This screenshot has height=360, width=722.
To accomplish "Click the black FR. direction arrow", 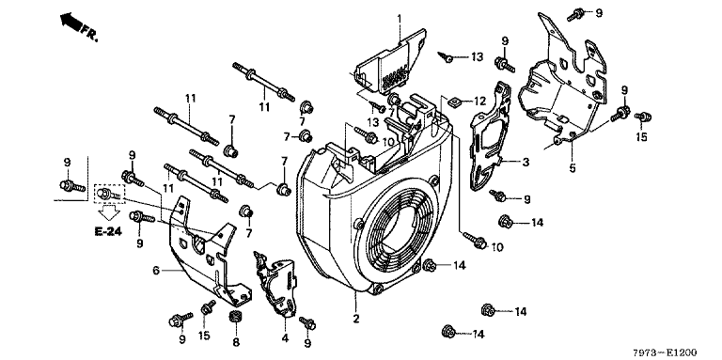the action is click(x=71, y=23).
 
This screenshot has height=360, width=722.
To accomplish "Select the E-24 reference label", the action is click(x=108, y=231).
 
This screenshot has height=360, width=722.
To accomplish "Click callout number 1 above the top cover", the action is click(x=400, y=19).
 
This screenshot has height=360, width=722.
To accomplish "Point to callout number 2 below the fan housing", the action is click(x=356, y=319).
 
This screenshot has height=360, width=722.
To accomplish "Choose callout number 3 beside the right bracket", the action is click(x=526, y=162).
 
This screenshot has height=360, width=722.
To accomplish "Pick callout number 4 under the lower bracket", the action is click(x=285, y=338).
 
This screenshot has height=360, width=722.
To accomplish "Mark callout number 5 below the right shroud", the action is click(x=573, y=168).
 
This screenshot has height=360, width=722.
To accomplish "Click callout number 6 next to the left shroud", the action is click(x=156, y=270).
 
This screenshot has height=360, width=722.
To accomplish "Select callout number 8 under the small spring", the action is click(x=236, y=342).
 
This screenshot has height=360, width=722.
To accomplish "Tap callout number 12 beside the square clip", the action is click(x=479, y=101).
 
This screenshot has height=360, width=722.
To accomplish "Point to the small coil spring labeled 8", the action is click(x=236, y=317).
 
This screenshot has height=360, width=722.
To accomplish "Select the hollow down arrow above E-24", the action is click(x=109, y=212).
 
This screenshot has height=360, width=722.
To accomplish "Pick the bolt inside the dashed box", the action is click(x=110, y=194).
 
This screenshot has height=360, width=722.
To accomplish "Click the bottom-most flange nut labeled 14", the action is click(x=448, y=331).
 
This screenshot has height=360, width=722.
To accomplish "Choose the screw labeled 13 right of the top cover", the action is click(x=447, y=57).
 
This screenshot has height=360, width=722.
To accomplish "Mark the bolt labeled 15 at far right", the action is click(x=642, y=117).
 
